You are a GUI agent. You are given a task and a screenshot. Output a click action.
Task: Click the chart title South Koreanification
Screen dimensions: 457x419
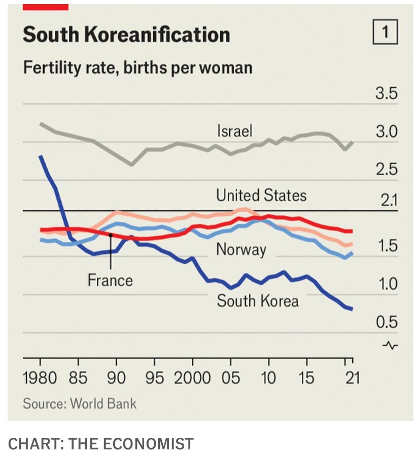[x=126, y=34]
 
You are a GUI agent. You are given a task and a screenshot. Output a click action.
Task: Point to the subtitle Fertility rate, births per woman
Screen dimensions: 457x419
[x=137, y=67]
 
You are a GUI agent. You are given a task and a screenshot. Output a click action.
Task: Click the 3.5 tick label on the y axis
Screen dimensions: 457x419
[x=386, y=95]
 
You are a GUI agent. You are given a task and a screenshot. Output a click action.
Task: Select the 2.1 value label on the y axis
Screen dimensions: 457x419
[x=389, y=201]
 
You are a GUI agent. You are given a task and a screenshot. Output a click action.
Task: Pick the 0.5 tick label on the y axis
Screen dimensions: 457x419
[x=387, y=322]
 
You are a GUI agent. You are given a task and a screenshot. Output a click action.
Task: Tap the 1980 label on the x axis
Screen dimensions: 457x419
[x=40, y=378]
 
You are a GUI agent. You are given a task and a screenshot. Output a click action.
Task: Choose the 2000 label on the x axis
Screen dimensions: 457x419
[x=193, y=378]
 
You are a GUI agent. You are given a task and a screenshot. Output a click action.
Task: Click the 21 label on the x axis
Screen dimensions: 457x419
[x=351, y=378]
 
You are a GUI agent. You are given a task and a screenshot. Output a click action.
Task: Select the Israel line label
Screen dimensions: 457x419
[x=234, y=131]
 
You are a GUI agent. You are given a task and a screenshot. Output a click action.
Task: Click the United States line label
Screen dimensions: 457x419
[x=261, y=195]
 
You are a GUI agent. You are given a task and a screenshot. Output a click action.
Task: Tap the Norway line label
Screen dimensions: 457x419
[x=241, y=249]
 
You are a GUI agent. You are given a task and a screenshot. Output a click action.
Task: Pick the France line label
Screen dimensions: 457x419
[x=110, y=280]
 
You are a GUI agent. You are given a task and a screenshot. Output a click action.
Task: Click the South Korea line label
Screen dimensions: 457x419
[x=258, y=301]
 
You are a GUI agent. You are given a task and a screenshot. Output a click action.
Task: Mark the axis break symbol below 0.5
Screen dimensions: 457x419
[x=390, y=346]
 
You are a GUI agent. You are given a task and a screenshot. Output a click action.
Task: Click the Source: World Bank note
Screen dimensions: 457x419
[x=80, y=404]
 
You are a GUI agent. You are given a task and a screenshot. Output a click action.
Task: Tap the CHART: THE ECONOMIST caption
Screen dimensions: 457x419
[x=101, y=444]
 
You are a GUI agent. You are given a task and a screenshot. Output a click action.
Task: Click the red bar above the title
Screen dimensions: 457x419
[x=46, y=7]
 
